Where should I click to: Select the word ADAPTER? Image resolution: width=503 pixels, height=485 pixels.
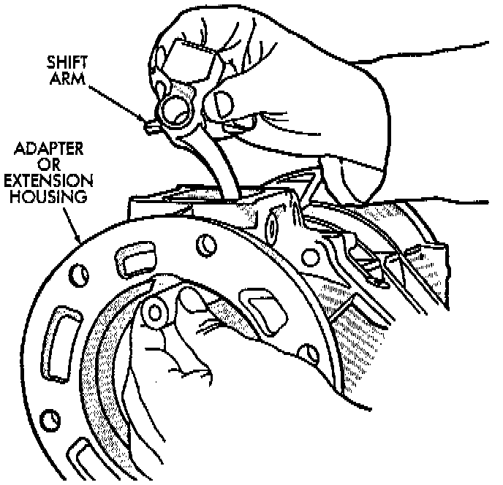(50, 149)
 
